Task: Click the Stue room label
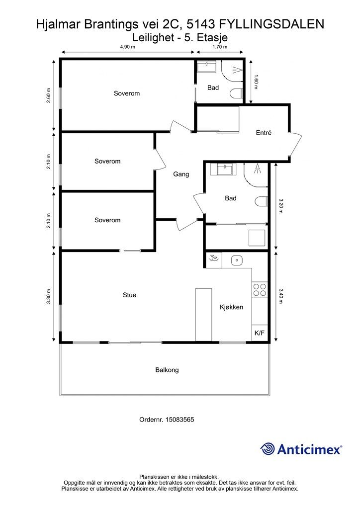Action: click(x=129, y=295)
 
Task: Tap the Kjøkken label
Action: click(x=231, y=307)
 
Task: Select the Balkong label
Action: click(x=167, y=370)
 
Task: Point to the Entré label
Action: click(x=264, y=133)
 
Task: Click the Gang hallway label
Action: click(x=181, y=174)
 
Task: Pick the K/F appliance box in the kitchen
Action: click(x=260, y=333)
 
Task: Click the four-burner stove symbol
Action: click(x=260, y=290)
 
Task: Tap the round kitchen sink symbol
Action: click(x=237, y=260)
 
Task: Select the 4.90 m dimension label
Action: click(x=128, y=47)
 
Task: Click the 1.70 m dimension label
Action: click(x=220, y=47)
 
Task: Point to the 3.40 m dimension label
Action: click(x=281, y=296)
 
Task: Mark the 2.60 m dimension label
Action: click(x=48, y=95)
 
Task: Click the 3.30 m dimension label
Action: click(x=48, y=296)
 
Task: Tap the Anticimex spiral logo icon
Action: click(x=268, y=449)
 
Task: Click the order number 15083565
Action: click(x=180, y=420)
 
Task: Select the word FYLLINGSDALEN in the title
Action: click(x=271, y=24)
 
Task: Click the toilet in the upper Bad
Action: click(x=236, y=94)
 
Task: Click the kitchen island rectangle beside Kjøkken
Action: click(x=203, y=315)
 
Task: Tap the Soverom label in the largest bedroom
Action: click(x=127, y=93)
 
